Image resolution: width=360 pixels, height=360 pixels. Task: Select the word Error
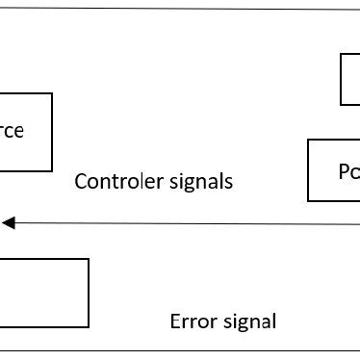click(x=190, y=321)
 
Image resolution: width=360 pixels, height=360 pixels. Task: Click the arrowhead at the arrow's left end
click(x=7, y=223)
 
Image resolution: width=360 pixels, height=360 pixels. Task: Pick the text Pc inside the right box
click(x=347, y=171)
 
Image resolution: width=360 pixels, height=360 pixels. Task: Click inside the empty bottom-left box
click(x=43, y=293)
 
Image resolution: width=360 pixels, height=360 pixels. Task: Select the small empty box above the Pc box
click(x=350, y=79)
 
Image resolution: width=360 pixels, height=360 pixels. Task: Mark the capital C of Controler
click(x=81, y=181)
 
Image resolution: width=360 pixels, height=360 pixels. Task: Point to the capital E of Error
click(x=174, y=321)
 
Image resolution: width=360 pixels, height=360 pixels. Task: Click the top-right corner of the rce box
click(x=53, y=93)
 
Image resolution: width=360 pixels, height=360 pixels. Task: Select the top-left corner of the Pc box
click(x=308, y=140)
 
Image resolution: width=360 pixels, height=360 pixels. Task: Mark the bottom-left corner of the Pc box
click(x=308, y=201)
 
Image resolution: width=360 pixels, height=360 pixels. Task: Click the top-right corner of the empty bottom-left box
click(x=89, y=258)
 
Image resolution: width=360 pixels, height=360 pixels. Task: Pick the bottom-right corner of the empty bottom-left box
click(x=89, y=328)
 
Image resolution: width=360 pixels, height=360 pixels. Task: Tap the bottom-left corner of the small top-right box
click(x=342, y=104)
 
